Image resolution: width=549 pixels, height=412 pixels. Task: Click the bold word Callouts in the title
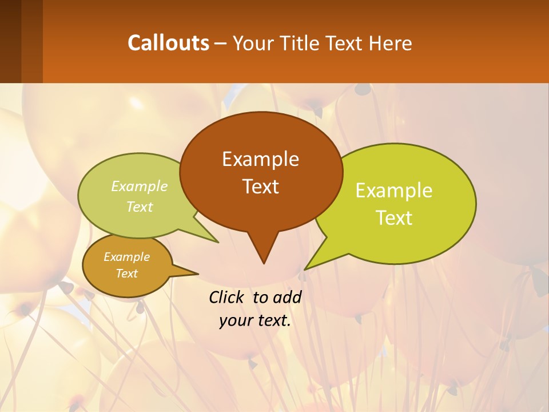pos(168,43)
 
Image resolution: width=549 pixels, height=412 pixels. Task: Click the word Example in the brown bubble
pos(260,159)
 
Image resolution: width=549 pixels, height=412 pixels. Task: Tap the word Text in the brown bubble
pos(260,187)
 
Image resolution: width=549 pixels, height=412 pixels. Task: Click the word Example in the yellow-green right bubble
pos(394,191)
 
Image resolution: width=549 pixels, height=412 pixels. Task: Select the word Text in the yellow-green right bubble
pos(394,218)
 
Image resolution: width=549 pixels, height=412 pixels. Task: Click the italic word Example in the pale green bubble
pos(140,187)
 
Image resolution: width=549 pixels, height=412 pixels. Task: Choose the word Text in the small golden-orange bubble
pos(126,274)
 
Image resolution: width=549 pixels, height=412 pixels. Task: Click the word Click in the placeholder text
pos(227,297)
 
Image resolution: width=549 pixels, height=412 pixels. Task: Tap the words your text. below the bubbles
pos(255,321)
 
